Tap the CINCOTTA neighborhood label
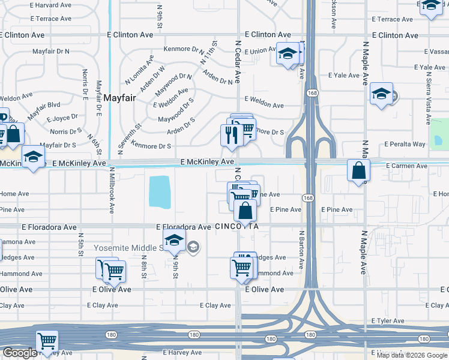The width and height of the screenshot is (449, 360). point(236,227)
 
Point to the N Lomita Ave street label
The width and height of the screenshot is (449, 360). point(140,69)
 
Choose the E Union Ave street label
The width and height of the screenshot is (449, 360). point(259,51)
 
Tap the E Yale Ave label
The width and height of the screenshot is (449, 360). point(343,76)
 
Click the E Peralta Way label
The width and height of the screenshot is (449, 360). point(405,145)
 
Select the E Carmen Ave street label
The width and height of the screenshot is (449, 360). point(406,166)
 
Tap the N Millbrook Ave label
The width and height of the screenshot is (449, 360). point(112,190)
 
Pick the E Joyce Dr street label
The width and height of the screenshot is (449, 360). point(61,117)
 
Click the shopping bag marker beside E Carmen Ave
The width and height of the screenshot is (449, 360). point(358,171)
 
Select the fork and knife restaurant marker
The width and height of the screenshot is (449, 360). point(231,136)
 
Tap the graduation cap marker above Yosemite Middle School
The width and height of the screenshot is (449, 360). point(174,241)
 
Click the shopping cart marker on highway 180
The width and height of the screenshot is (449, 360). point(47,341)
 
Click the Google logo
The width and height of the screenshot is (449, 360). point(20,353)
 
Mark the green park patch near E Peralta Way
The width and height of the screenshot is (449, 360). point(439,134)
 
